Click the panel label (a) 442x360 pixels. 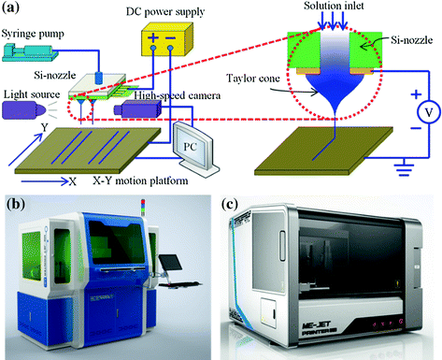[14, 12]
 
